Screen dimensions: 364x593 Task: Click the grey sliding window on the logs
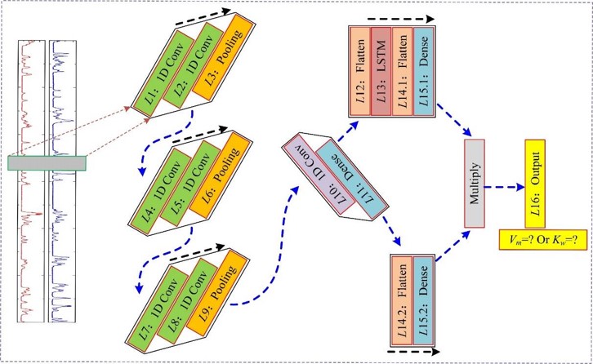point(47,163)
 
